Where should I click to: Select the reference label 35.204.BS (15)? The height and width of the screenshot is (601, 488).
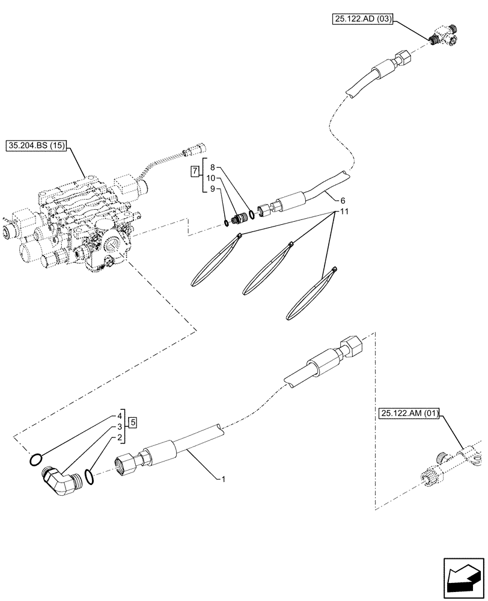point(37,145)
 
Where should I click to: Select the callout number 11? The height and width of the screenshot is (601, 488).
point(343,212)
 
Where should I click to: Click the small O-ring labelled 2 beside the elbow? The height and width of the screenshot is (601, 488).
point(89,477)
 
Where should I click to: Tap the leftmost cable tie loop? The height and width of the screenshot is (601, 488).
point(215,260)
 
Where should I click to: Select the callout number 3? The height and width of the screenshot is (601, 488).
point(120,427)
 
